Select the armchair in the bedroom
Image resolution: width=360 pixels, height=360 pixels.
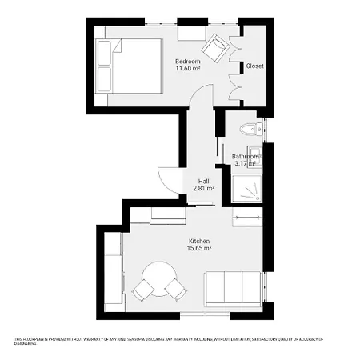point(214,51)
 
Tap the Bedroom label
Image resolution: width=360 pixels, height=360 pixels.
point(188,61)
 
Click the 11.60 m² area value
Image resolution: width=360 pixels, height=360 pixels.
point(188,68)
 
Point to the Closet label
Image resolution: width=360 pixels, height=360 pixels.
point(254,66)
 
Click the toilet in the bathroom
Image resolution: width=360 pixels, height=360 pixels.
point(252,128)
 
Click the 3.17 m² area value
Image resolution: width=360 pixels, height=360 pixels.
point(243,164)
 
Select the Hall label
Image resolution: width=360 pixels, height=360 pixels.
point(203,181)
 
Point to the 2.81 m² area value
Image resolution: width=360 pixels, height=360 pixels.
point(203,189)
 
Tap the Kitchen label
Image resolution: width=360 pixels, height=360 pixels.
point(198,241)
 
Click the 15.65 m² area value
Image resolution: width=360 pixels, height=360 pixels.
point(198,249)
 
